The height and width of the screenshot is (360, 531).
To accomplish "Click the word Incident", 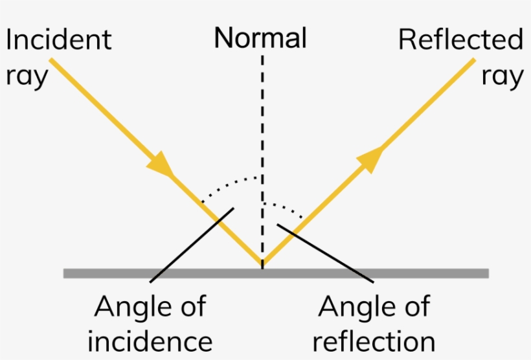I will pyautogui.click(x=58, y=40).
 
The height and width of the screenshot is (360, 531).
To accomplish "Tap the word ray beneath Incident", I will pyautogui.click(x=27, y=77).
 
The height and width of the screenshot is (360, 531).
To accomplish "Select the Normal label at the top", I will pyautogui.click(x=260, y=39).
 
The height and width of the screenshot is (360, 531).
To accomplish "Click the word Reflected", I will pyautogui.click(x=460, y=40).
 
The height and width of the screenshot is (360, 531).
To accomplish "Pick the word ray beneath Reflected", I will pyautogui.click(x=503, y=77).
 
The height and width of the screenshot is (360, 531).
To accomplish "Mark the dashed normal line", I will pyautogui.click(x=262, y=129).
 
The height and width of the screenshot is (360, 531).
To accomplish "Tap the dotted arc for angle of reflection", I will pyautogui.click(x=285, y=206).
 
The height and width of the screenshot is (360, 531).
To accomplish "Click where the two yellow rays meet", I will pyautogui.click(x=262, y=265).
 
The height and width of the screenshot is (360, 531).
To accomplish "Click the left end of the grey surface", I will pyautogui.click(x=65, y=273).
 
